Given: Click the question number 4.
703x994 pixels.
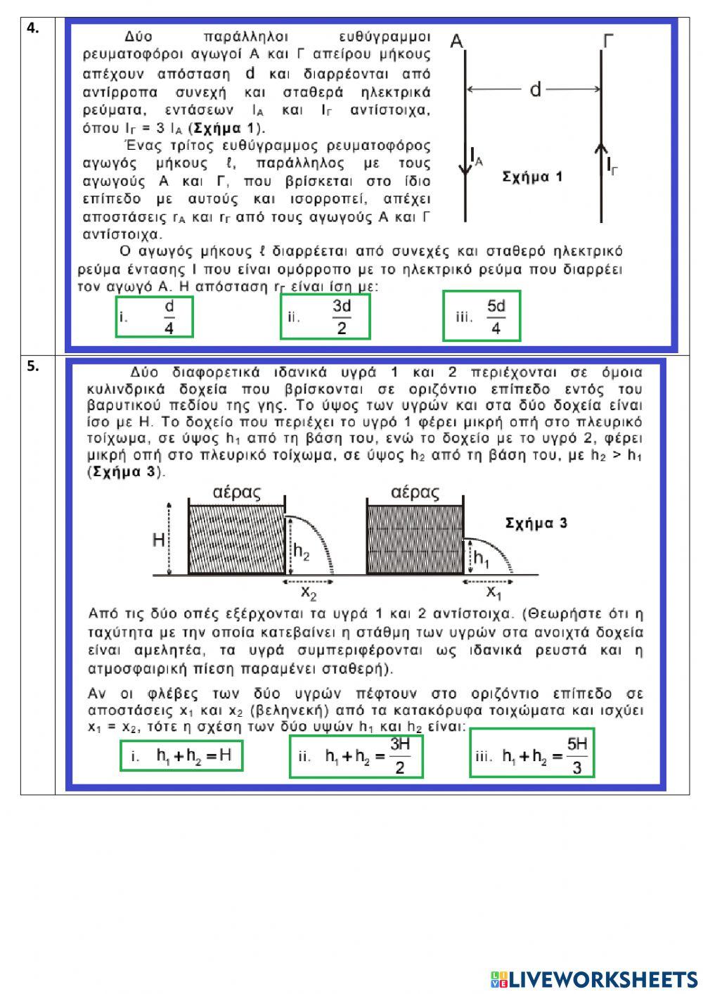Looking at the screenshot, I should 32,28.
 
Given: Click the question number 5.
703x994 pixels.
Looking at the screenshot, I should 32,366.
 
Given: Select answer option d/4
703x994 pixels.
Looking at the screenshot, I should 154,317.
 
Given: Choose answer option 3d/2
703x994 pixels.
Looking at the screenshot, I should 325,317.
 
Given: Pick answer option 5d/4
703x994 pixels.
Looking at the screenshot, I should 482,317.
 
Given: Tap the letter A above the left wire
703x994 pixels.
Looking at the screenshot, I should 456,42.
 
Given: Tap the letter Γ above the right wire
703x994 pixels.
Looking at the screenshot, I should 608,42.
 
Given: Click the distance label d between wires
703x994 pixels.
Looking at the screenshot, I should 536,89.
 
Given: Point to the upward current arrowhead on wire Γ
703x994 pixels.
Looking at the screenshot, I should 600,148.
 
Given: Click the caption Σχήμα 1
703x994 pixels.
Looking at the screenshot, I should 532,177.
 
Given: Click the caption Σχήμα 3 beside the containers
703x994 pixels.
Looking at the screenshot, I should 536,523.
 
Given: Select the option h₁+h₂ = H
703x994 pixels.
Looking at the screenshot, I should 181,756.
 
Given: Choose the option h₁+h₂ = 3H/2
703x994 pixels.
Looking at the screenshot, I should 356,756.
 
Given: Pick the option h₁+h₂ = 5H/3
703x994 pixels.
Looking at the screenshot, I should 532,756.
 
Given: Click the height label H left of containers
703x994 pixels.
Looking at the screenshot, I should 159,540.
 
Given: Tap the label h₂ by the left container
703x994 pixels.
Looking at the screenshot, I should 301,552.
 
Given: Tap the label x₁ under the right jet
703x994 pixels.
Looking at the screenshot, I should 494,593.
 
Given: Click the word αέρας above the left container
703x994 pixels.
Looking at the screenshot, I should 237,492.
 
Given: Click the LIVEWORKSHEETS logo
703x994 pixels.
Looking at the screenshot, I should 593,979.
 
